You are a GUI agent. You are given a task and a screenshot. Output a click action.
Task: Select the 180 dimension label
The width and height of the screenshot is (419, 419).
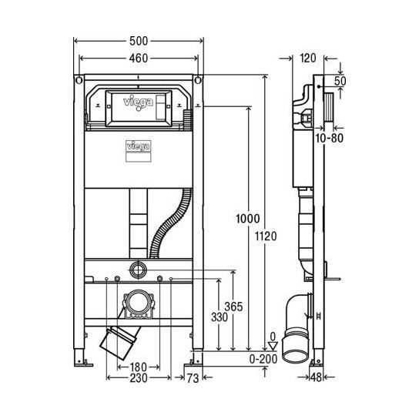pos(139,367)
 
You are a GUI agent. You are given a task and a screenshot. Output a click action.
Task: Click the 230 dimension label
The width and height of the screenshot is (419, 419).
pos(139,379)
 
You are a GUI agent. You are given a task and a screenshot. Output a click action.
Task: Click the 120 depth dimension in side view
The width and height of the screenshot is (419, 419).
pos(309,57)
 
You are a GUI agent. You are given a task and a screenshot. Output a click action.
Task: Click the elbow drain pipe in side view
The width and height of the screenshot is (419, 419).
pos(297,323)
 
